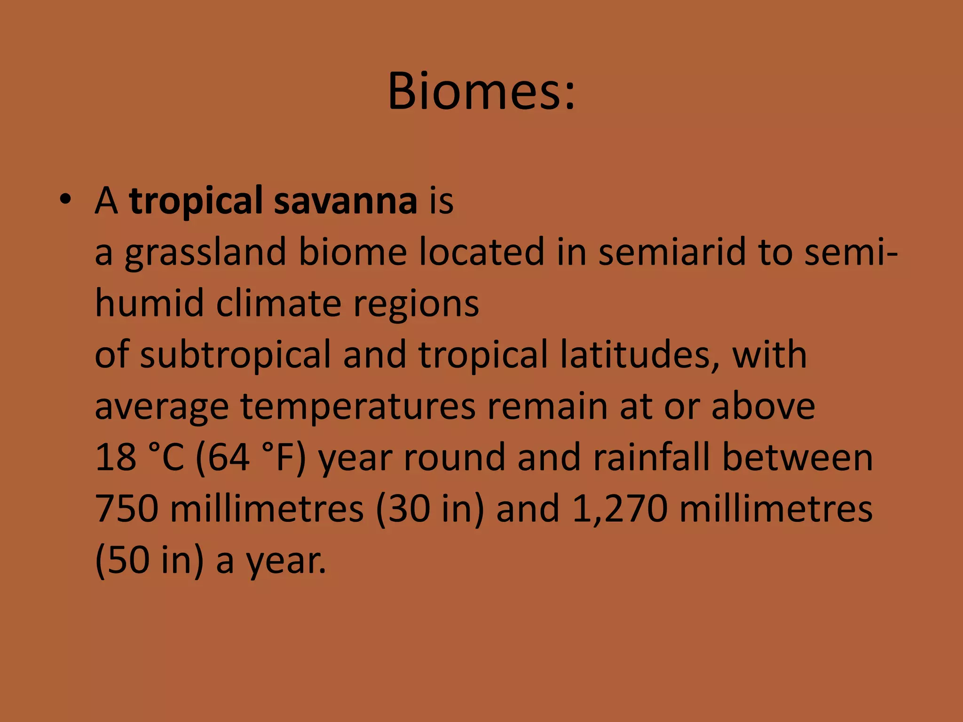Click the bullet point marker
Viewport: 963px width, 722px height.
(65, 200)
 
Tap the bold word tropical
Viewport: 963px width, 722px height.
(196, 201)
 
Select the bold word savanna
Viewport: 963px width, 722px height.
(346, 201)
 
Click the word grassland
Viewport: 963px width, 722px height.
(205, 252)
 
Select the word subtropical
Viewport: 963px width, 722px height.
(236, 355)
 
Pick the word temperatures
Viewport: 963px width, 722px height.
(358, 407)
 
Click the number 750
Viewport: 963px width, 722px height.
(126, 509)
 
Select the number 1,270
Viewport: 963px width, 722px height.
(620, 509)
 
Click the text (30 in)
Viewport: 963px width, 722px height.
(430, 509)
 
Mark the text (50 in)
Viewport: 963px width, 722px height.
(150, 560)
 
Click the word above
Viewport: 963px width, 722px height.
(763, 407)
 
